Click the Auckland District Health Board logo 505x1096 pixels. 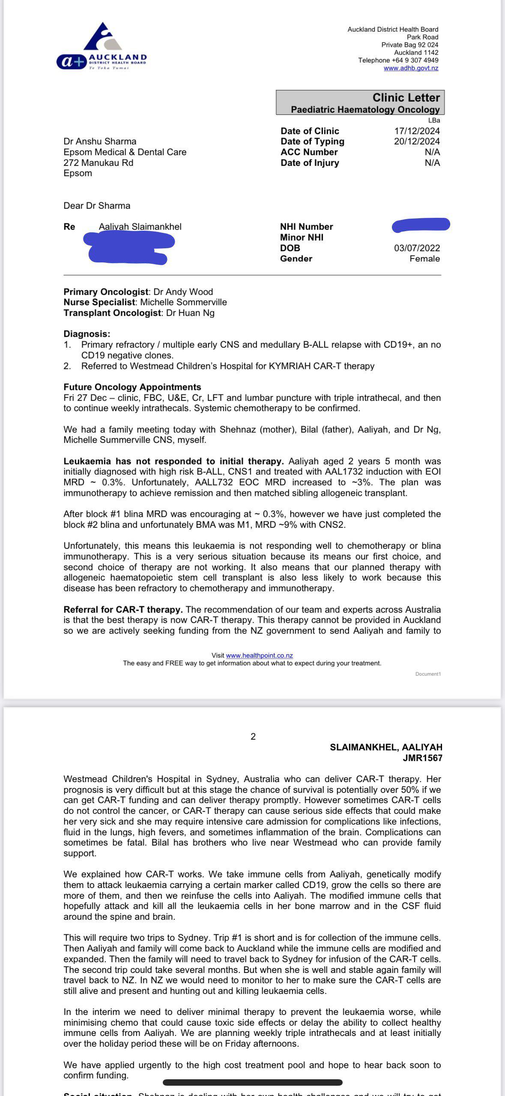tap(102, 46)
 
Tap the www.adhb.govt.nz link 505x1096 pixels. tap(411, 68)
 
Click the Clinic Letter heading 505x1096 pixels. tap(406, 98)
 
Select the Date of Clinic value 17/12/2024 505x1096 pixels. tap(417, 131)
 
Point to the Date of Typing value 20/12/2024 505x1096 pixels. tap(417, 142)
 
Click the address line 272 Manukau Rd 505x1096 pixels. tap(98, 163)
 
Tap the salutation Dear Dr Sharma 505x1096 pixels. tap(97, 206)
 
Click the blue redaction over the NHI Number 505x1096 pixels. tap(421, 225)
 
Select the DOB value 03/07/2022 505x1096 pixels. tap(417, 248)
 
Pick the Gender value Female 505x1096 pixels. tap(424, 259)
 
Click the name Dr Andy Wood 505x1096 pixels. tap(183, 292)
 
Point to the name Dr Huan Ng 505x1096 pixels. tap(190, 313)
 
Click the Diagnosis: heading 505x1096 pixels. tap(87, 334)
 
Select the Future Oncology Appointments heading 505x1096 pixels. tap(132, 387)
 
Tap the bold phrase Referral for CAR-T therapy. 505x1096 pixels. tap(123, 610)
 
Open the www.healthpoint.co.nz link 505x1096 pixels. tap(259, 656)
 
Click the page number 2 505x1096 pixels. tap(253, 737)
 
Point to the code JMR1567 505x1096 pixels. tap(422, 758)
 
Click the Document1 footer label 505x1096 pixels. tap(427, 674)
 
